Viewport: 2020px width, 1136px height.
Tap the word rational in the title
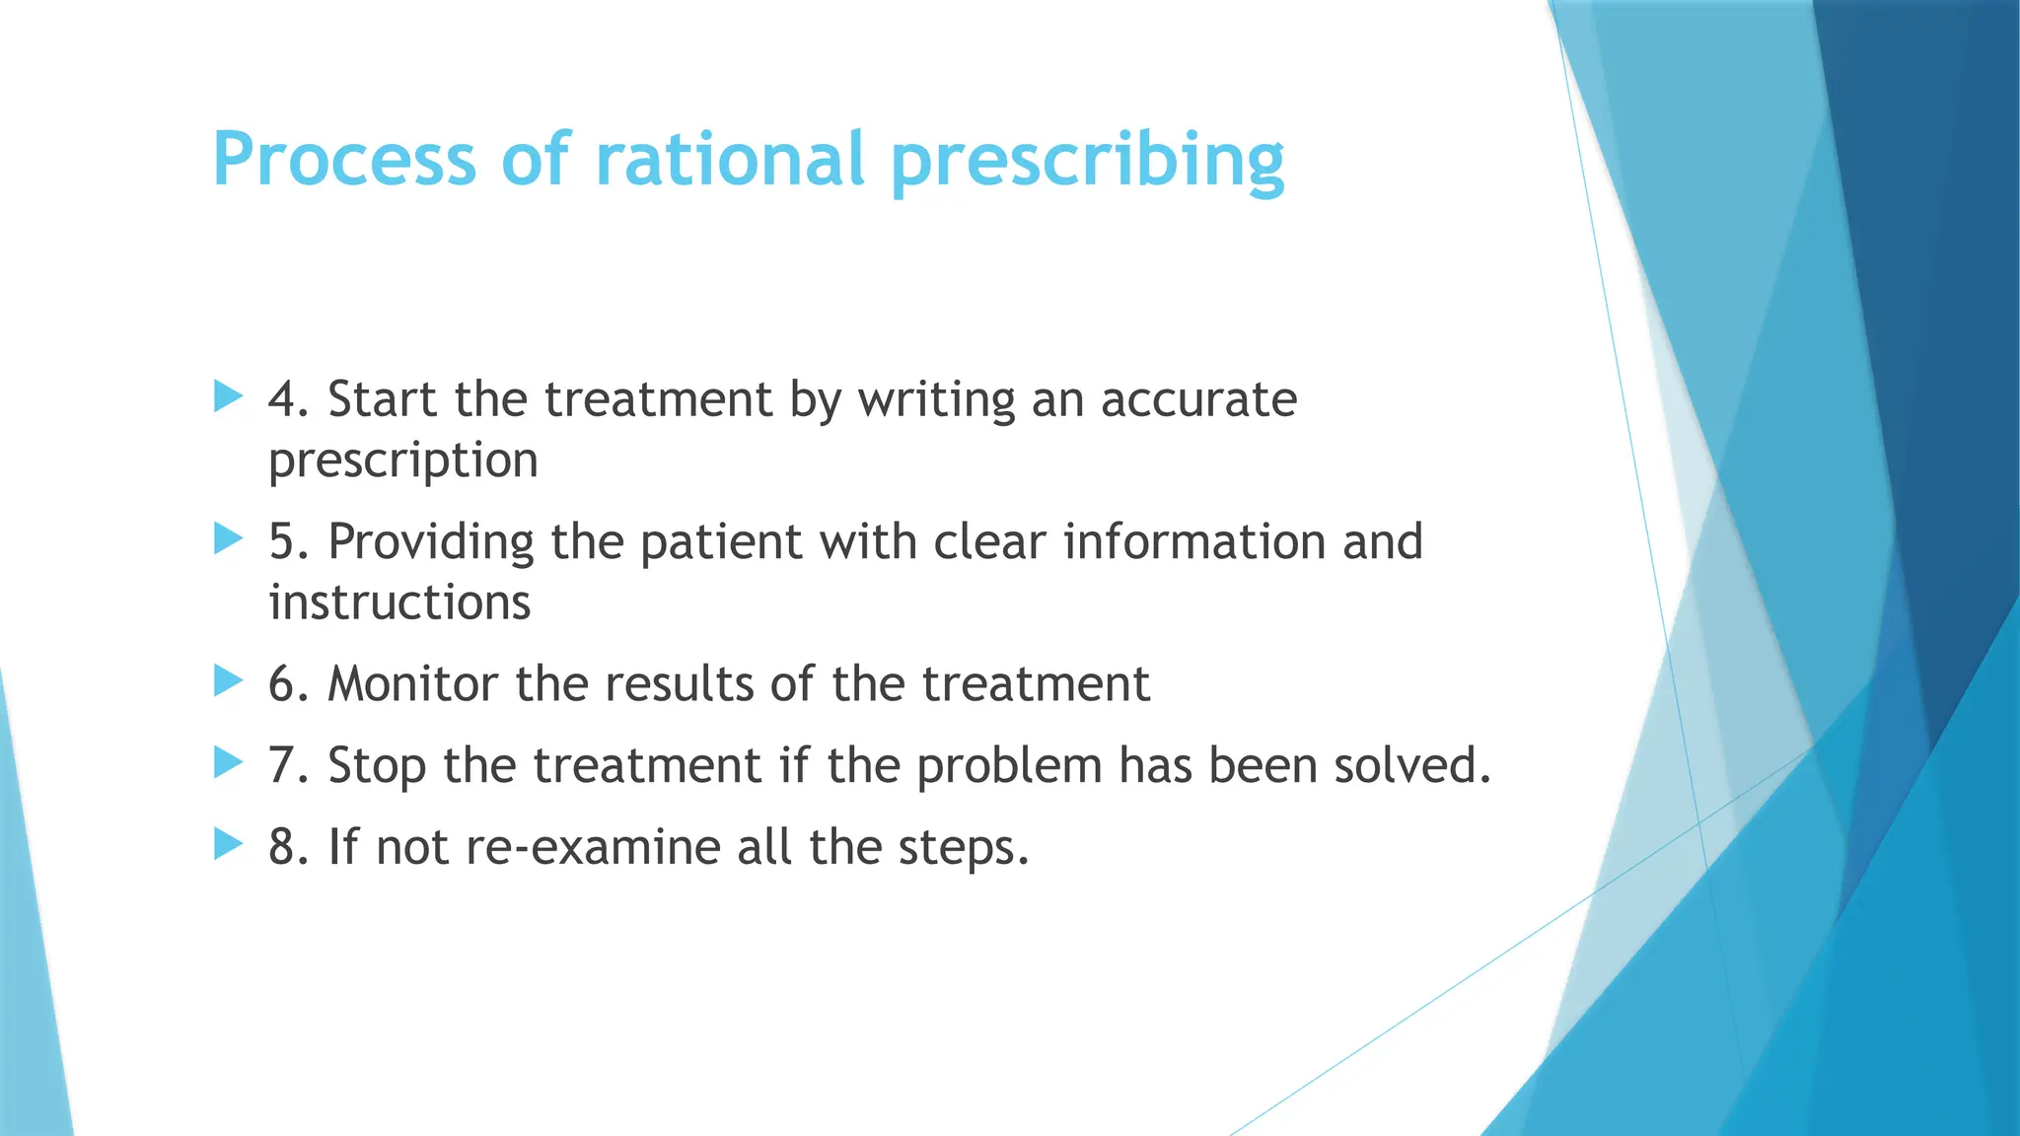click(730, 159)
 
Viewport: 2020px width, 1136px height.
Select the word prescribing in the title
click(1087, 161)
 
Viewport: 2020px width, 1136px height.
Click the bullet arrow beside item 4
click(228, 397)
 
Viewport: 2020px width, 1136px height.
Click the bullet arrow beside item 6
click(228, 680)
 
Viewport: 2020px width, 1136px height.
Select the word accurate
click(1198, 399)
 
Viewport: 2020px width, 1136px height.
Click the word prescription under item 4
click(403, 461)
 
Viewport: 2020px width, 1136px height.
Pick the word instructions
click(399, 603)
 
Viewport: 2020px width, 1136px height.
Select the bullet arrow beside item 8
click(228, 844)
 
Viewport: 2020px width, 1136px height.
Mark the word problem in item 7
click(1009, 766)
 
